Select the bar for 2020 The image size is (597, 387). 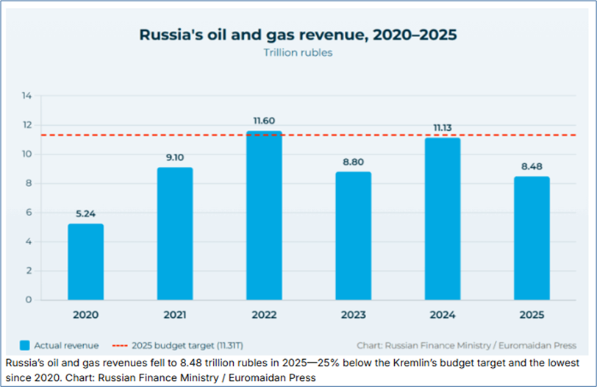coord(85,262)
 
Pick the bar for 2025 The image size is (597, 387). coord(531,238)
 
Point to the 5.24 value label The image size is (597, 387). coord(85,215)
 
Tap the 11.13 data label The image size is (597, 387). coord(442,127)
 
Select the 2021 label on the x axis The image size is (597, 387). coord(174,315)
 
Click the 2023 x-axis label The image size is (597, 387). coord(353,315)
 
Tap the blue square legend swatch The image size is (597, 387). coord(25,345)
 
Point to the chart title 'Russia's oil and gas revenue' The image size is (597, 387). coord(298,35)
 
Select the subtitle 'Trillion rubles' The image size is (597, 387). coord(298,53)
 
